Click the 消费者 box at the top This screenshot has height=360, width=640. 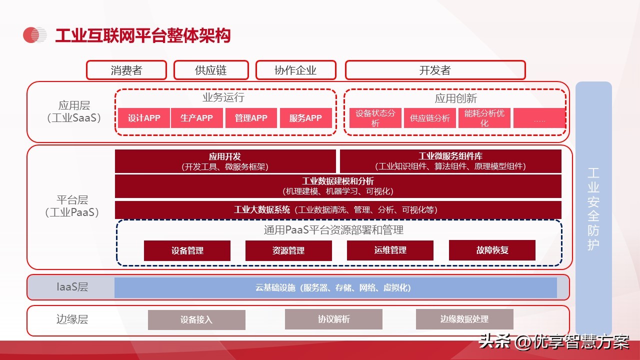pos(126,70)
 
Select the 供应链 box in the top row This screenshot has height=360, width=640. pos(211,70)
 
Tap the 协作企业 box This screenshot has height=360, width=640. pos(295,70)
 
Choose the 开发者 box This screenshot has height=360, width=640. pos(435,70)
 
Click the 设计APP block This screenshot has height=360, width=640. pos(144,117)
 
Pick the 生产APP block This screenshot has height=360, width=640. pos(196,117)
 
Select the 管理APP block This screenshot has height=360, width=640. pos(251,117)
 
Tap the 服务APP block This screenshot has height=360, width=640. pos(305,117)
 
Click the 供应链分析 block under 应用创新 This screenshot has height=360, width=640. pos(429,117)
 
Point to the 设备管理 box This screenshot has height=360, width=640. pos(187,250)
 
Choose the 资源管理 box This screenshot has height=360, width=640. pos(288,250)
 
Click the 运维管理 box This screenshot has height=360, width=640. pos(390,250)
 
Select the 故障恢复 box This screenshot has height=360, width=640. pos(492,250)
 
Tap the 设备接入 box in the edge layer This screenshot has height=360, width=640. pos(196,319)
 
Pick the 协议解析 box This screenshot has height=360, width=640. pos(333,319)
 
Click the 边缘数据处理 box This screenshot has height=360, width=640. pos(464,319)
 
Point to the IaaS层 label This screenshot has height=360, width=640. pos(72,287)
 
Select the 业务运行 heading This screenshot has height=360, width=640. pos(223,97)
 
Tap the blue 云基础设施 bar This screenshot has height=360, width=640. pos(335,287)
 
